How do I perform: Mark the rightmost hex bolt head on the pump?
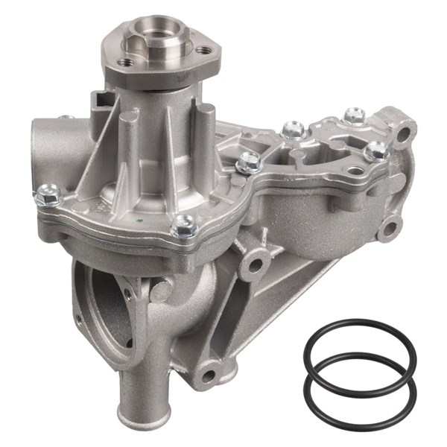377,151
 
